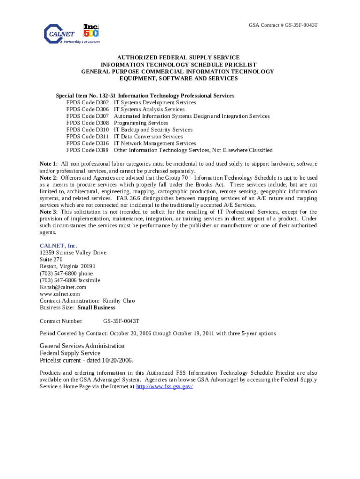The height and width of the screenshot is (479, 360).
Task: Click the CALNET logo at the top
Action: coord(63,34)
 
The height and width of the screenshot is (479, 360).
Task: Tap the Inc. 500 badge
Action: coord(91,30)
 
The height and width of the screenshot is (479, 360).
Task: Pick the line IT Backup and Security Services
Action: coord(153,130)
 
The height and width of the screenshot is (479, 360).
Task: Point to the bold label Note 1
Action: coord(48,164)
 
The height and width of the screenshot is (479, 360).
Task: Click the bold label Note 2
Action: coord(48,178)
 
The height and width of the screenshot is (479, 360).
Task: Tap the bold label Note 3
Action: coord(48,212)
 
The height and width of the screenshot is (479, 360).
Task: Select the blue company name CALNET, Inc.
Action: coord(58,246)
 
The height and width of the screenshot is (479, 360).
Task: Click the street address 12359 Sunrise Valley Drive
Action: coord(73,253)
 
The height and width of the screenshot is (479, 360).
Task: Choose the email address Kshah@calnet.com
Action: coord(63,287)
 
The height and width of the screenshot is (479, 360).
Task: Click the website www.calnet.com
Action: coord(59,294)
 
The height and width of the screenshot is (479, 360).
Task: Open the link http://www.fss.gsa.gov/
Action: coord(164,387)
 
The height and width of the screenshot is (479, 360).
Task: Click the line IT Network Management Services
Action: coord(155,143)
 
